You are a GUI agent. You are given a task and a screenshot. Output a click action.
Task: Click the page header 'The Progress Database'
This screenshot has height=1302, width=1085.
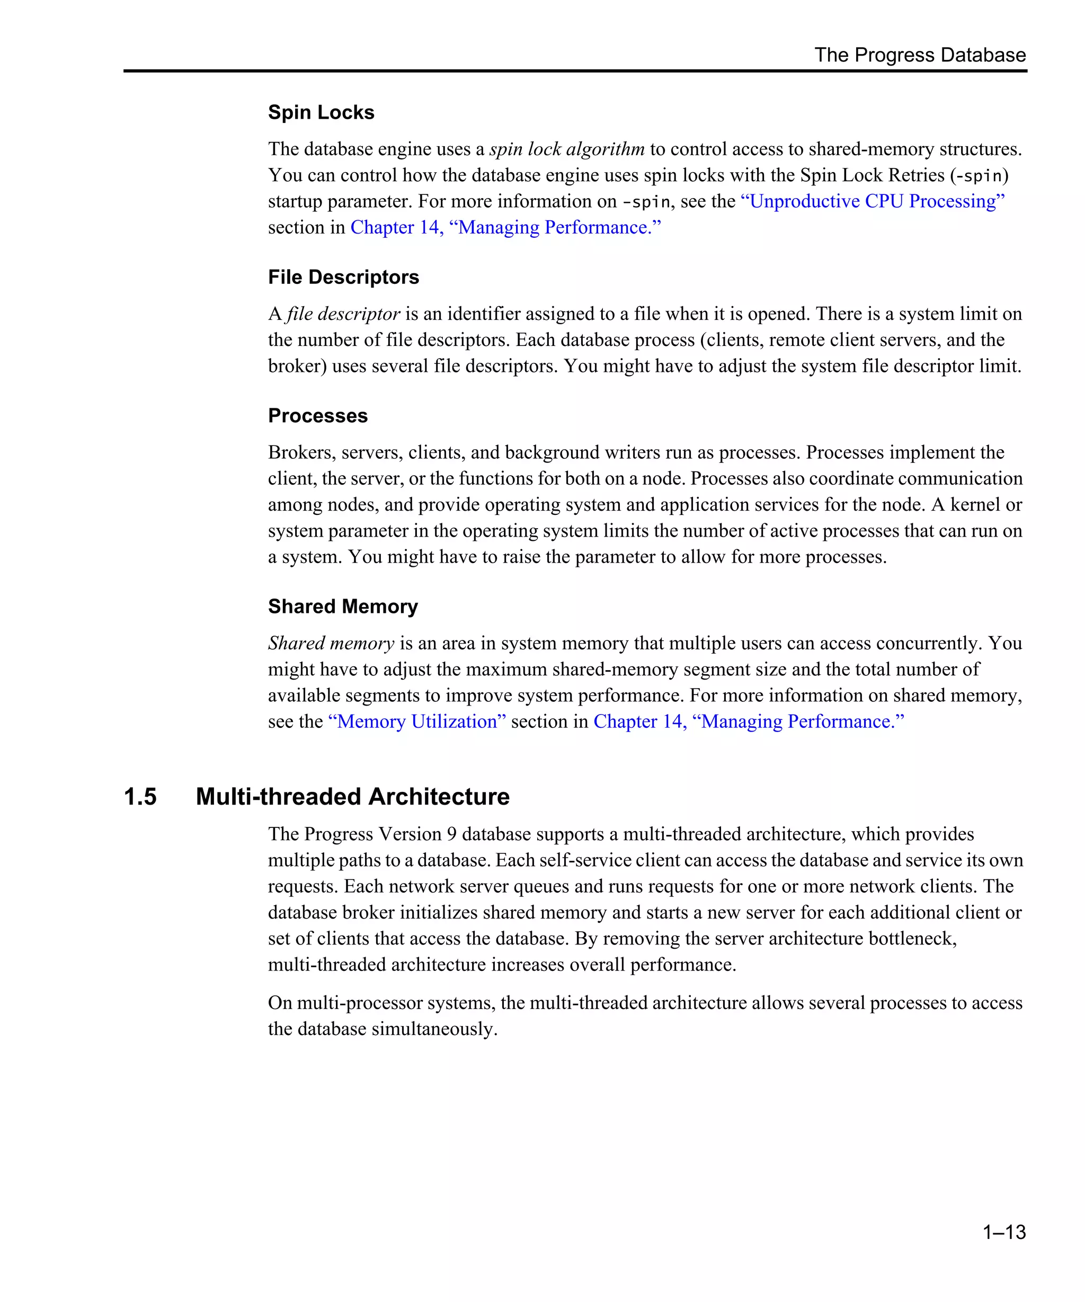click(920, 55)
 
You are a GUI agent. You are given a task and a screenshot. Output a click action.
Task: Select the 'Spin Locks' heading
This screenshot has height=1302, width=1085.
click(321, 112)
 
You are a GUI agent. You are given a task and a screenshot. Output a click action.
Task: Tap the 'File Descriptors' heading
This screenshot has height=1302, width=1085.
click(343, 277)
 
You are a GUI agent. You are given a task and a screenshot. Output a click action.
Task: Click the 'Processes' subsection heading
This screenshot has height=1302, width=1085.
click(317, 415)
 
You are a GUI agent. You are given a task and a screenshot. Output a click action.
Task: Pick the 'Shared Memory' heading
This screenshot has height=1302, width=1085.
click(343, 607)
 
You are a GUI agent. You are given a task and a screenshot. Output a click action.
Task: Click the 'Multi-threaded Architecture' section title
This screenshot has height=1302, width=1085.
click(352, 797)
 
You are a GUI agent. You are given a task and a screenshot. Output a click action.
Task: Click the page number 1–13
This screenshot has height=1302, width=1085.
click(1004, 1233)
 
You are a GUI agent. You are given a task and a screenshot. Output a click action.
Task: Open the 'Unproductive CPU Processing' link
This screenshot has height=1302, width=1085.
click(873, 201)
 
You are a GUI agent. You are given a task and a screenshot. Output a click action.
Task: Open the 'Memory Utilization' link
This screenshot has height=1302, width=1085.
click(416, 721)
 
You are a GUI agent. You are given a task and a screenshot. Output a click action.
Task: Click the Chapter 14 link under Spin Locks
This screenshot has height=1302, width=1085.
click(505, 228)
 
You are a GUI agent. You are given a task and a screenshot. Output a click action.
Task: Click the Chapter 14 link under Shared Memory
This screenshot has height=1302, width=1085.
click(749, 721)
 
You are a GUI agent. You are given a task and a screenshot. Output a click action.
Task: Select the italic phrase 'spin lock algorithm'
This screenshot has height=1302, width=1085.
click(567, 149)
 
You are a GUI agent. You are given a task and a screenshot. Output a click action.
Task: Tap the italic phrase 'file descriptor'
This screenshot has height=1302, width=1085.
click(343, 314)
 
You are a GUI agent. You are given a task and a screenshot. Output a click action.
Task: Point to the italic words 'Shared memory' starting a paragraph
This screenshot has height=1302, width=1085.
click(331, 644)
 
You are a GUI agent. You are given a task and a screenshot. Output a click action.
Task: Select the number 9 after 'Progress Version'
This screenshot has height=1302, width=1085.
click(451, 834)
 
